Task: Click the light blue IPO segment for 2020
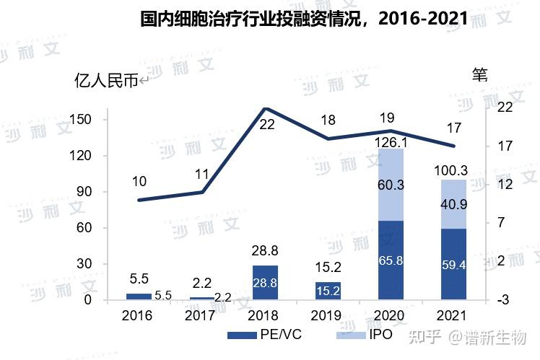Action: click(391, 185)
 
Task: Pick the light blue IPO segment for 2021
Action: click(453, 204)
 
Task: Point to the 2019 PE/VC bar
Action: click(328, 291)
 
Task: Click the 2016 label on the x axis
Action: click(138, 316)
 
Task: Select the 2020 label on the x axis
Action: click(391, 316)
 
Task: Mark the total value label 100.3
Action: click(453, 171)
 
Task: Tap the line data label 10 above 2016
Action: click(139, 181)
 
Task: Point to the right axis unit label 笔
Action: click(480, 74)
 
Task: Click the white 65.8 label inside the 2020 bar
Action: click(391, 260)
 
